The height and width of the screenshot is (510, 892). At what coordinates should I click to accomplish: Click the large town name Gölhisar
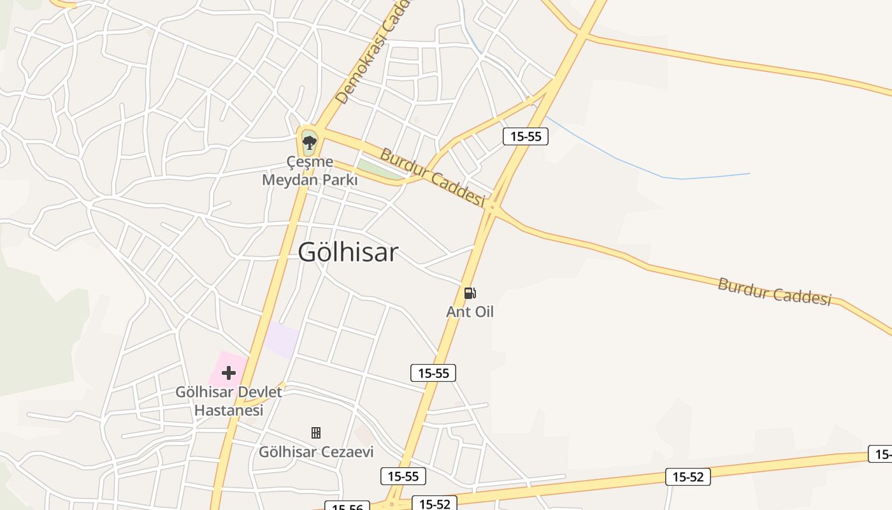pos(348,252)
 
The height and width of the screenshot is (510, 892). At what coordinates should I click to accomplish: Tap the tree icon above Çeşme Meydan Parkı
pos(309,142)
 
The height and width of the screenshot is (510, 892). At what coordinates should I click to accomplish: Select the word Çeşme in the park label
pos(310,162)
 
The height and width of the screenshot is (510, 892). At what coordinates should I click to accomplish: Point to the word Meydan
pos(289,180)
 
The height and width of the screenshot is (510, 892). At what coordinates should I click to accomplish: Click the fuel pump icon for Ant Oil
pos(470,293)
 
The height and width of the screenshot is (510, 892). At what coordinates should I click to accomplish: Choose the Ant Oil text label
pos(470,312)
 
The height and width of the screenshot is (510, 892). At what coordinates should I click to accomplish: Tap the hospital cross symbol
pos(228,373)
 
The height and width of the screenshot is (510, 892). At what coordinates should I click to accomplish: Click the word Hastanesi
pos(228,410)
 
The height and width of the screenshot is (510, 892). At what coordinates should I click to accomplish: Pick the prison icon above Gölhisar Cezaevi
pos(315,433)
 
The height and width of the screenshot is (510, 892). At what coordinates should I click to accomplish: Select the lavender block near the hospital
pos(282,340)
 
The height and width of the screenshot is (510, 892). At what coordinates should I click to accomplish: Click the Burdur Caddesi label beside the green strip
pos(432,176)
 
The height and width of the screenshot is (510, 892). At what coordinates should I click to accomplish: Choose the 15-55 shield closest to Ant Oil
pos(433,373)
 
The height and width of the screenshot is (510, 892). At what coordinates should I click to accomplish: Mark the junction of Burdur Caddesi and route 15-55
pos(492,207)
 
